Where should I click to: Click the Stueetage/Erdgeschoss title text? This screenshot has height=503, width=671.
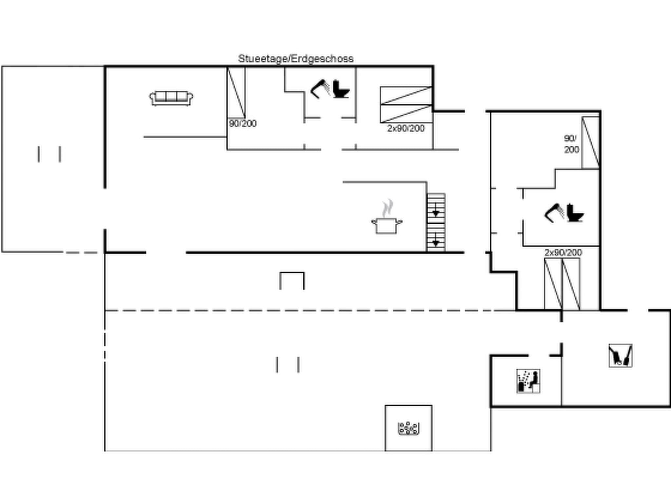coord(296,59)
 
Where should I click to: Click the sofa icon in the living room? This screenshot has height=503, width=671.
coord(171,98)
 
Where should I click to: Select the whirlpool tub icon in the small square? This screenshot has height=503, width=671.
coord(408,428)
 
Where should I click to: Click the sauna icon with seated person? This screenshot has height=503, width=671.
coord(528,381)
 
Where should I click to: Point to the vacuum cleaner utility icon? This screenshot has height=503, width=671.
coord(620,355)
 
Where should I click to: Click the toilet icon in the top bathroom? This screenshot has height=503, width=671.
coord(341,89)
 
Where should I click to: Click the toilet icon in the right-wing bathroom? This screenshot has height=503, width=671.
coord(575,213)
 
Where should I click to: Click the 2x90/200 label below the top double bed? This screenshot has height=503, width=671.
coord(406,128)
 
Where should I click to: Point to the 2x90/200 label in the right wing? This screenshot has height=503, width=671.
coord(563,252)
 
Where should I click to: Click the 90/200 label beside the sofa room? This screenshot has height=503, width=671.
coord(242,123)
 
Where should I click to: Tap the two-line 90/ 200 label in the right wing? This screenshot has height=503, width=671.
coord(571,144)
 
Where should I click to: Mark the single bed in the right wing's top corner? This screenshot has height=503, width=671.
coord(590,142)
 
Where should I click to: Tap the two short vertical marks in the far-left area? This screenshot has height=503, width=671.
coord(49,154)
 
